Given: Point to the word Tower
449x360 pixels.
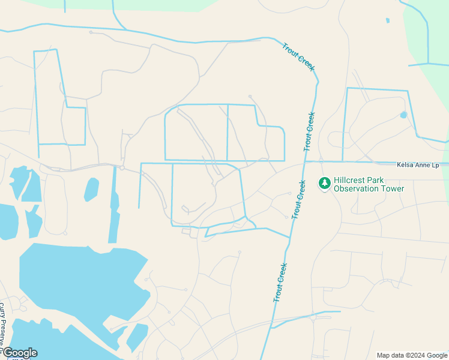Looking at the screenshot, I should tap(394, 188).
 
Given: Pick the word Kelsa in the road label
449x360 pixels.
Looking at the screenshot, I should tap(406, 164).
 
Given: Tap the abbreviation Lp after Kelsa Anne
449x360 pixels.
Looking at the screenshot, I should tap(436, 164).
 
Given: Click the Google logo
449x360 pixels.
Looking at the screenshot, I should tap(19, 353).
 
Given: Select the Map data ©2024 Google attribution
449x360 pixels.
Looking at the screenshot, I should tap(412, 355).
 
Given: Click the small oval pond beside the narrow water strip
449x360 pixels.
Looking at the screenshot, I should tap(91, 189).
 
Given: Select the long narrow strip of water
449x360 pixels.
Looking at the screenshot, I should tap(113, 204).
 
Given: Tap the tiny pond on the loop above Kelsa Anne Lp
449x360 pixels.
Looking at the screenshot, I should tap(403, 115).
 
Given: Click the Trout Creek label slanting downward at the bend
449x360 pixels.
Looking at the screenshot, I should tap(298, 57).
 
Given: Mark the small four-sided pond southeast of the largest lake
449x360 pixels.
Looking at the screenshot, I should tap(137, 337).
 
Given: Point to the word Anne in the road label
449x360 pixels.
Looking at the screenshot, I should tap(423, 164).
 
